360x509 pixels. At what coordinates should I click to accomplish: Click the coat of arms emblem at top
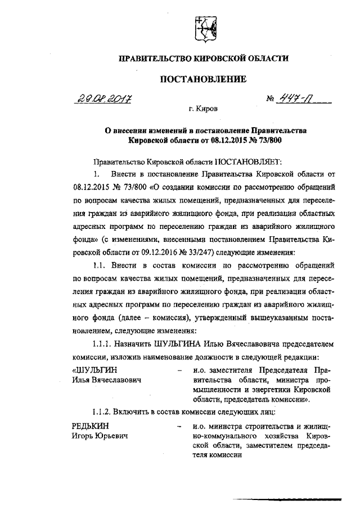(x=204, y=29)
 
